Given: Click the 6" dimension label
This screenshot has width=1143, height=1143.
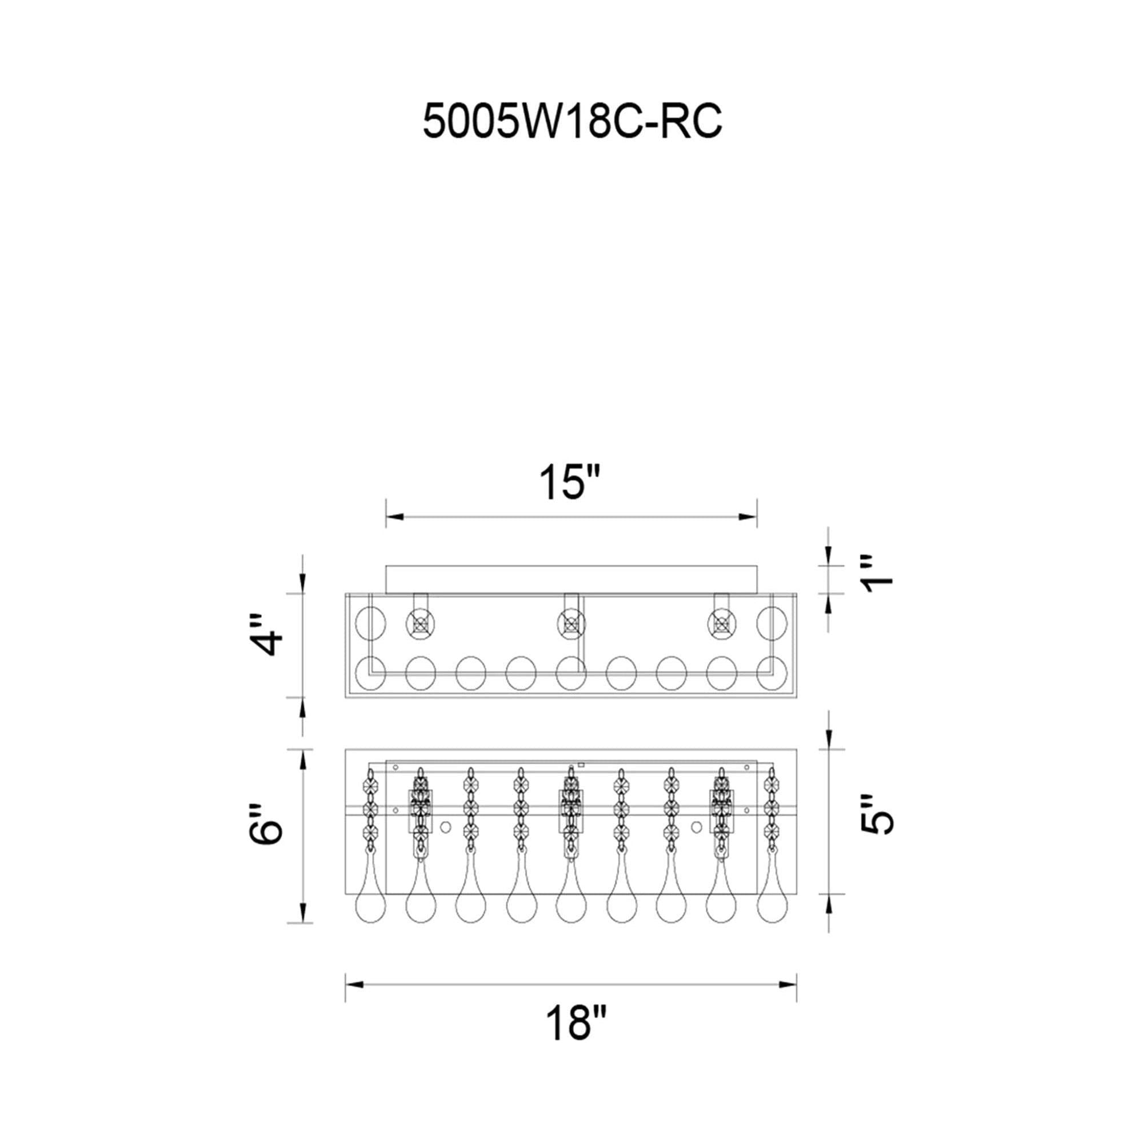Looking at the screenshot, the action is (266, 823).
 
